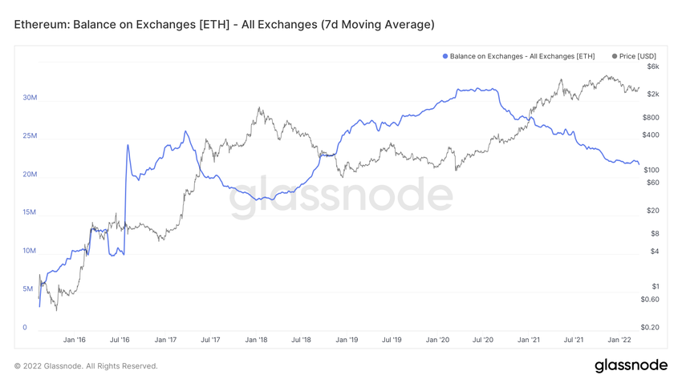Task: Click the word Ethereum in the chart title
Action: coord(40,24)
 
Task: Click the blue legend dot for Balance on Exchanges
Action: coord(445,56)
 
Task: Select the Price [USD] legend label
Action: coord(638,56)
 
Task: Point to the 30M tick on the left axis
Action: coord(30,98)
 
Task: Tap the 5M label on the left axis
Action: coord(27,288)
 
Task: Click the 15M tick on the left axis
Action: coord(30,212)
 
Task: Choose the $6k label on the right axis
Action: coord(652,67)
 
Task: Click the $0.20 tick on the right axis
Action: coord(650,327)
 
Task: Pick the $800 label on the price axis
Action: coord(650,117)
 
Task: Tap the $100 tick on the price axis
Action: coord(650,170)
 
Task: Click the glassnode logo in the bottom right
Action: coord(631,365)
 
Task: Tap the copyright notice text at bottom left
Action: coord(86,366)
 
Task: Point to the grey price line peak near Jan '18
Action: coord(258,108)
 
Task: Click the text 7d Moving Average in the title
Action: coord(377,24)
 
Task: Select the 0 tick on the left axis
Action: coord(25,327)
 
